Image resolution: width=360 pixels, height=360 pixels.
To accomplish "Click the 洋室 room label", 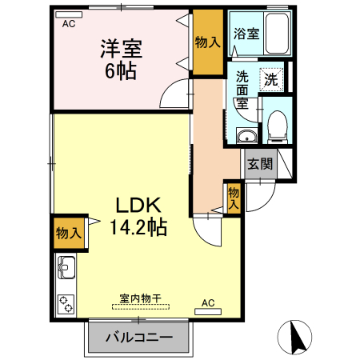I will pos(121,47).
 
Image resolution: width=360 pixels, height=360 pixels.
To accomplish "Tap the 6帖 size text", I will pos(121,70).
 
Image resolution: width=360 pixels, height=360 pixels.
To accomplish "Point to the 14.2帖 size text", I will pos(138,227).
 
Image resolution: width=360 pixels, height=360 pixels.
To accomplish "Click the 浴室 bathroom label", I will pos(246,34).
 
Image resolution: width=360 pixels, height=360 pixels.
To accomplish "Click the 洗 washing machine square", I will pos(272,79).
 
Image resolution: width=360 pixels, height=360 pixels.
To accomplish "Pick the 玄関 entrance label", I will pos(259,165).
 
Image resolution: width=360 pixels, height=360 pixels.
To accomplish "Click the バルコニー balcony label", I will pos(139,337).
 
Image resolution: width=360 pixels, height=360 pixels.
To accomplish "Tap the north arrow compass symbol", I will pos(297,337).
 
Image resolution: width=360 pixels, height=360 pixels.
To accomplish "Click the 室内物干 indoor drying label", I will pos(141,298).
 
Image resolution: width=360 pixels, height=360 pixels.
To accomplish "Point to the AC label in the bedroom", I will pos(69,24).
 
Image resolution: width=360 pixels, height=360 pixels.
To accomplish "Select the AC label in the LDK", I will pos(208,302).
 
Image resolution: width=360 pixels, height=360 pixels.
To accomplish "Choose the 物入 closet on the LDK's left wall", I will pos(68,233).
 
